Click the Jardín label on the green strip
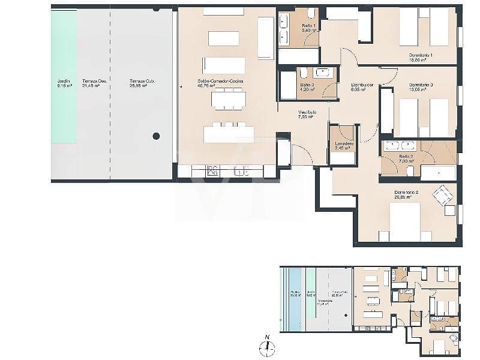64,83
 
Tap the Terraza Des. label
91,83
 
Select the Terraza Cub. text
139,83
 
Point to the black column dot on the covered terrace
156,136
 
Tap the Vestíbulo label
307,115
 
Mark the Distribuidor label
362,88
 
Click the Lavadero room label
344,146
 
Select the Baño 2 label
407,159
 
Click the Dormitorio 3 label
421,88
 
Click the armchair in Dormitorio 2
445,194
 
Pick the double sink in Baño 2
400,145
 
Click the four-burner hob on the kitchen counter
212,171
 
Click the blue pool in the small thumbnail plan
295,299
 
